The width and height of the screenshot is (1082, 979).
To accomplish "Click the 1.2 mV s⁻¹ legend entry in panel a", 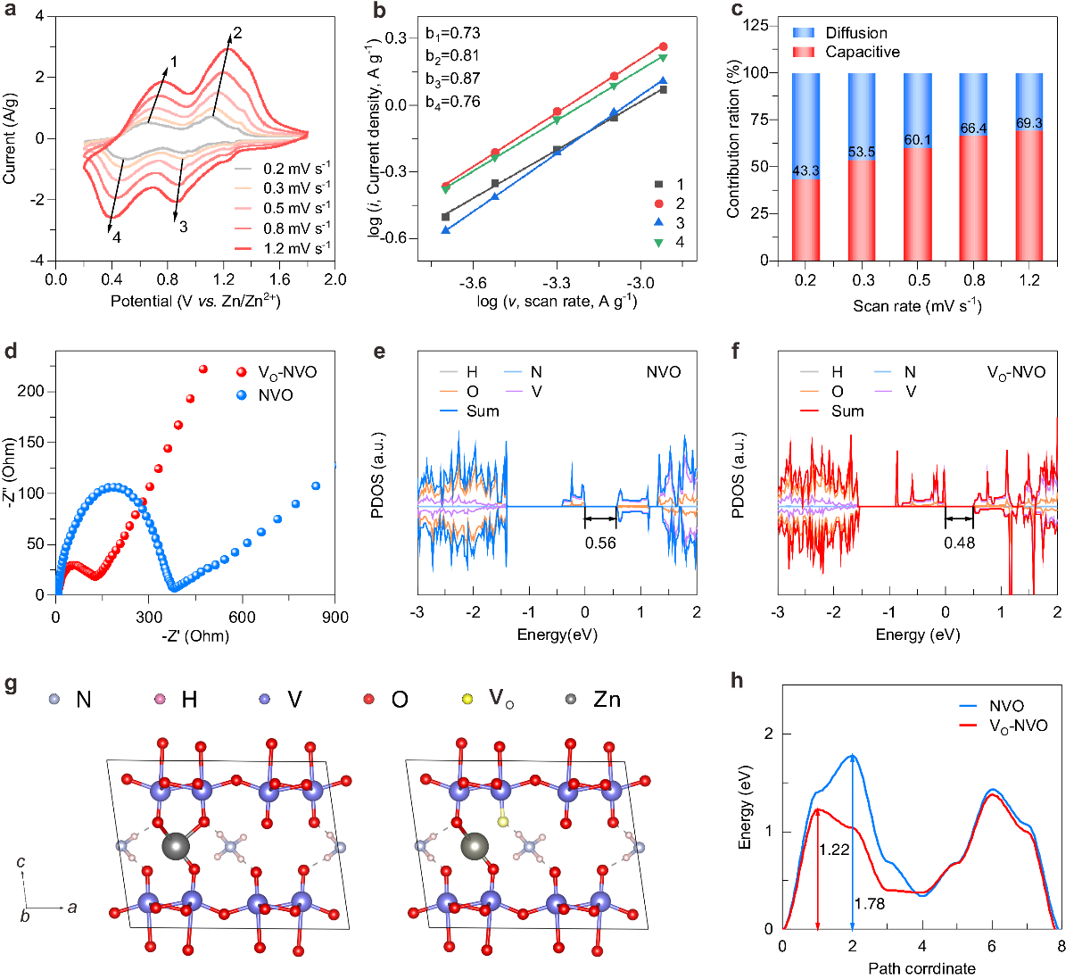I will (x=296, y=248).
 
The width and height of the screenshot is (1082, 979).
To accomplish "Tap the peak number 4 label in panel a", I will (x=116, y=238).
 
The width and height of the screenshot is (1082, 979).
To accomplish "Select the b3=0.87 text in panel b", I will (x=452, y=79).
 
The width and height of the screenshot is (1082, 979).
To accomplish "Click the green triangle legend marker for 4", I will (x=658, y=242).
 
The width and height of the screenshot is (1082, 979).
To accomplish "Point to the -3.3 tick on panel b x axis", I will (x=557, y=283).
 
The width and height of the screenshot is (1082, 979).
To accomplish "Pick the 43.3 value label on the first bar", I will (x=805, y=171).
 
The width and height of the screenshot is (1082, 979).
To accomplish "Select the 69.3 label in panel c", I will (x=1029, y=123).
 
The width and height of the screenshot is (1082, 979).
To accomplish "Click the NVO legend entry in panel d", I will (x=275, y=394).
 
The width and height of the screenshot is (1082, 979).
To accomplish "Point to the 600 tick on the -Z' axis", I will (x=242, y=617).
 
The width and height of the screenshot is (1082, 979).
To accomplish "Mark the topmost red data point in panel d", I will (x=202, y=369).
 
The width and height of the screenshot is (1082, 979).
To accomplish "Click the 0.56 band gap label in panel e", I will (x=600, y=543).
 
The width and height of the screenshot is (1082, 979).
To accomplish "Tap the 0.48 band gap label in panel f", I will (x=960, y=543).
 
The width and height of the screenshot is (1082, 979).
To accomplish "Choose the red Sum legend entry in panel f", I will (x=847, y=411).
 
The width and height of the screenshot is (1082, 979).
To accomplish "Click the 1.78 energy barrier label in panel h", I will (x=870, y=904).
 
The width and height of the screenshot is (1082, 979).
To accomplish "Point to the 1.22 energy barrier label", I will (x=834, y=850).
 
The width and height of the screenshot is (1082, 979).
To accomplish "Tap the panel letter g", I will (x=11, y=684).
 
